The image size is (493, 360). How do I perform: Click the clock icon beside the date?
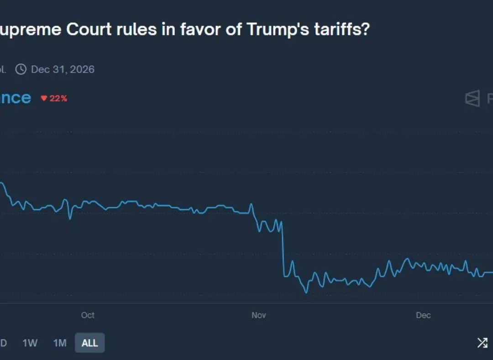(21, 69)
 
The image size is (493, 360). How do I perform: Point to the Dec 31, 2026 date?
(63, 69)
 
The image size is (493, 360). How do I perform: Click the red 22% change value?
(58, 98)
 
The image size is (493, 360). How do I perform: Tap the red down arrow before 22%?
(44, 98)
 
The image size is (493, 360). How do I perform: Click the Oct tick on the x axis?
(88, 315)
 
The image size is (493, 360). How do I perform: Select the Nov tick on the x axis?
(258, 315)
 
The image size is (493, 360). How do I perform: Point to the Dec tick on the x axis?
(423, 315)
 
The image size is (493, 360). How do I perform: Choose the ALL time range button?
(89, 343)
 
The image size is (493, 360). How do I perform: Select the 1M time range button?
(60, 343)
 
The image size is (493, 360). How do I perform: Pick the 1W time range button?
(30, 343)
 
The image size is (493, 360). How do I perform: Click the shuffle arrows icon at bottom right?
(482, 343)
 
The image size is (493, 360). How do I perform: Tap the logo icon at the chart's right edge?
(472, 98)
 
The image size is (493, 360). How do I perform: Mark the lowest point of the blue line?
(306, 292)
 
